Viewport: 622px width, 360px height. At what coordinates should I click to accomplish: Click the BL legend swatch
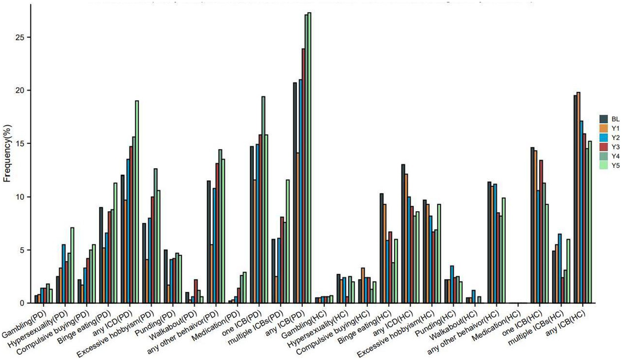pos(604,119)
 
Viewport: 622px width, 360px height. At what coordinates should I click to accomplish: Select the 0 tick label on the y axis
pos(23,303)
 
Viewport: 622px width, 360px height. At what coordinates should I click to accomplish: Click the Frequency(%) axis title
pos(7,153)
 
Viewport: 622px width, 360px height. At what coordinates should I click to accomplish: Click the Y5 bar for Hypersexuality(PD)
pos(72,266)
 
